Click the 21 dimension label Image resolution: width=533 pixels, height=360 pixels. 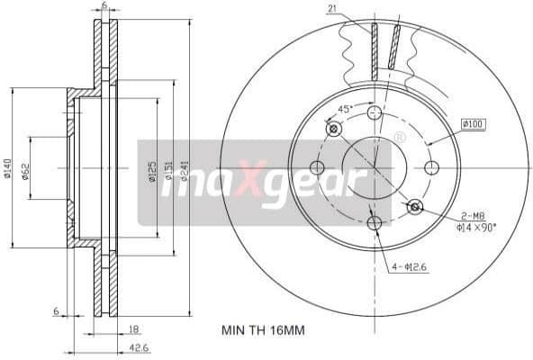[x=332, y=10]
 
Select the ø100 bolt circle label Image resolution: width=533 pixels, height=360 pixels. [x=473, y=123]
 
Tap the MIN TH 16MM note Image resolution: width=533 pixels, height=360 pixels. [x=263, y=330]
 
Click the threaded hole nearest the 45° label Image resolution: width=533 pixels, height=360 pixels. [x=335, y=129]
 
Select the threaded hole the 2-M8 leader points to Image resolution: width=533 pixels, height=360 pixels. [x=415, y=207]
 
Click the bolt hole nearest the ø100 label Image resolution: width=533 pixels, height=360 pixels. [x=431, y=167]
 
